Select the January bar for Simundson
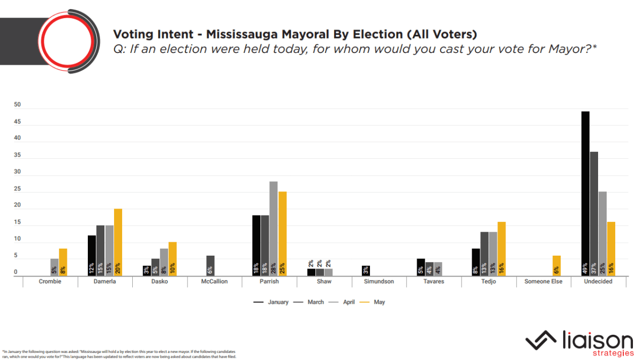pyautogui.click(x=365, y=270)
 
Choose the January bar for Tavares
pyautogui.click(x=420, y=267)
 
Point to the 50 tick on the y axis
pyautogui.click(x=17, y=105)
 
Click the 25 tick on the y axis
pyautogui.click(x=17, y=189)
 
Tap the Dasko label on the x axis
pyautogui.click(x=161, y=281)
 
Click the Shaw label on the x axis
pyautogui.click(x=323, y=281)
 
